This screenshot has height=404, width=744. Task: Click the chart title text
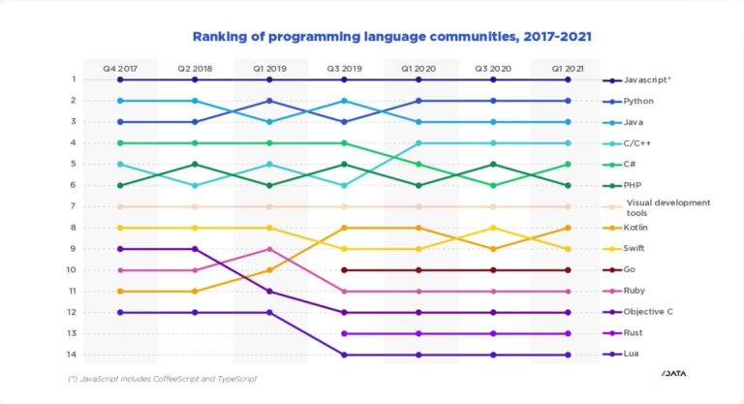[391, 37]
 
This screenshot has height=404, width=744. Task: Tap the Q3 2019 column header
[344, 69]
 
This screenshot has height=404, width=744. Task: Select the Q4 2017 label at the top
[120, 69]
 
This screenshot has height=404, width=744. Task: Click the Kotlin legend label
[636, 228]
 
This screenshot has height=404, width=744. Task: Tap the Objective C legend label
[649, 312]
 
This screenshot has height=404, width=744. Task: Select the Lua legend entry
[632, 355]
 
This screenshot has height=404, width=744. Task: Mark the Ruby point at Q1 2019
[269, 249]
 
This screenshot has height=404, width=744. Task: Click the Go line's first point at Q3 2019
[344, 270]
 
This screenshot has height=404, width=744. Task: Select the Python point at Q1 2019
[269, 101]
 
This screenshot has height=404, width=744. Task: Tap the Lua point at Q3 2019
[344, 355]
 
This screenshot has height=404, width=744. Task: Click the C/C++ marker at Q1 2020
[418, 143]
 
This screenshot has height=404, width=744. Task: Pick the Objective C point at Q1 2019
[269, 291]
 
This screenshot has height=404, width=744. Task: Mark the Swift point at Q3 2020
[493, 228]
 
